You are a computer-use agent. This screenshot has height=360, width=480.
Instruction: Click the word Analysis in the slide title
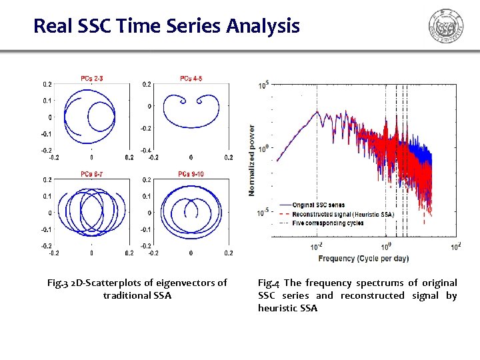[263, 27]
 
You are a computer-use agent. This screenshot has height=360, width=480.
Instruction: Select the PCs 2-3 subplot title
[91, 79]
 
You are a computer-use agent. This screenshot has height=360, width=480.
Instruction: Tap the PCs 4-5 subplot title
[191, 79]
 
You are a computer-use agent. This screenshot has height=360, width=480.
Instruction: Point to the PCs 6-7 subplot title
[91, 174]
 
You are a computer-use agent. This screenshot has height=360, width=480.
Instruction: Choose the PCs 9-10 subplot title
[191, 174]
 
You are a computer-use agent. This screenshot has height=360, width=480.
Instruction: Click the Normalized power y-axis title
[252, 160]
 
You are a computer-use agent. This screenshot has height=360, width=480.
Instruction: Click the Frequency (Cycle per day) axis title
[363, 258]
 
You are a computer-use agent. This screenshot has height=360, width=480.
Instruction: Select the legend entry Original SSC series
[319, 205]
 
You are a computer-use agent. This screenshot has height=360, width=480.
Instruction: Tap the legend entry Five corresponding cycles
[328, 223]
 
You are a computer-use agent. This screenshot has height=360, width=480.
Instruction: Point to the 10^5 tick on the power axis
[263, 85]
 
